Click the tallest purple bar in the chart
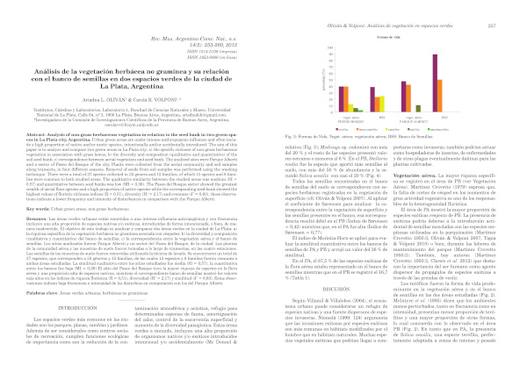(435, 83)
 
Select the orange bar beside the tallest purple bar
(439, 96)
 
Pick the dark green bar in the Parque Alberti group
(418, 109)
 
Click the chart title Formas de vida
(391, 37)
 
